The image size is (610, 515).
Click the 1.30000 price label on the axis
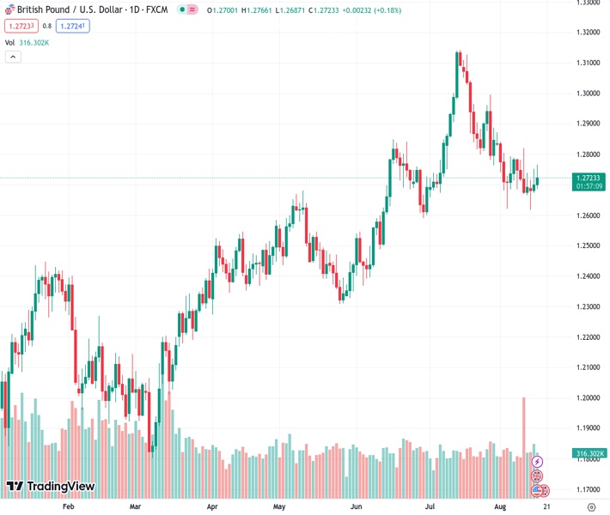click(x=589, y=93)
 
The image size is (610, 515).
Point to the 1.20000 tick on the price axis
click(x=589, y=397)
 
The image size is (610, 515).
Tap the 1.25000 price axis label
click(x=589, y=245)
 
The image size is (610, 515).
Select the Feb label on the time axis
click(x=69, y=507)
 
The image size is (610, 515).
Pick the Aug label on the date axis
click(x=500, y=507)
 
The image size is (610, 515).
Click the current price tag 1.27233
click(x=589, y=177)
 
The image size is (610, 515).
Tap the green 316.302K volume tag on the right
click(x=589, y=453)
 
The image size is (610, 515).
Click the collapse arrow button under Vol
click(x=12, y=57)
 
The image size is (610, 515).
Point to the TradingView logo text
click(x=60, y=487)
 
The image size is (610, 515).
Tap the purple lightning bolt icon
click(x=538, y=462)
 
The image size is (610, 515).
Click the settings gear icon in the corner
click(x=590, y=507)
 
